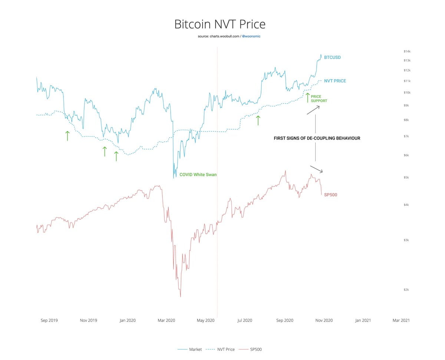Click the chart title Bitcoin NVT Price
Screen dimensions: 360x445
(220, 24)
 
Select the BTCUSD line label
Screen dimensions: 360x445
(332, 58)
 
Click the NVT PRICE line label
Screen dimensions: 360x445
(335, 81)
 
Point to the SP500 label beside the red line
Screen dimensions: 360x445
(330, 195)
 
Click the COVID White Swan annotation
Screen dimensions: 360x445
(198, 174)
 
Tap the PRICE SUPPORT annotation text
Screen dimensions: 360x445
(319, 99)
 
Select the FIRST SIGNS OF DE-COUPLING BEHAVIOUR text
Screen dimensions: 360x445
(317, 138)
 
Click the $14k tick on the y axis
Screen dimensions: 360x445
(407, 51)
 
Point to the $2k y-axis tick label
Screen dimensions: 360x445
(406, 290)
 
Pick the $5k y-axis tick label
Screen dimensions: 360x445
(406, 177)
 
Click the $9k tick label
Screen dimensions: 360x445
(406, 105)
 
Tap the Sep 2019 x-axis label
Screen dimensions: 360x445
(49, 320)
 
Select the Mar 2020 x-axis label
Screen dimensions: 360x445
(166, 320)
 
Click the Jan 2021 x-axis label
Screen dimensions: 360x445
(363, 320)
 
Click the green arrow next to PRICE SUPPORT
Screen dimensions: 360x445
(307, 97)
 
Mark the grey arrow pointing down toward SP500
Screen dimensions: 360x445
(316, 169)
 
